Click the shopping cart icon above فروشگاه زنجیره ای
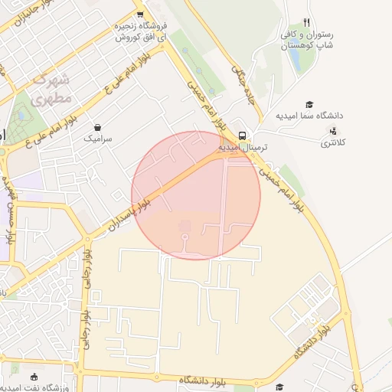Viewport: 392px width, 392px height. click(x=140, y=14)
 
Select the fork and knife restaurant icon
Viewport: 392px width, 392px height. click(x=307, y=22)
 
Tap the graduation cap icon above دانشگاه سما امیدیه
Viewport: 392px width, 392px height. click(x=309, y=104)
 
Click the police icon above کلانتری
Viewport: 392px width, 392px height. click(x=332, y=131)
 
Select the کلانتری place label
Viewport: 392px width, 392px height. click(x=332, y=142)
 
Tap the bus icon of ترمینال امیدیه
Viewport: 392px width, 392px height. click(x=242, y=136)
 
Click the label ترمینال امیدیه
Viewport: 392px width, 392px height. click(x=242, y=147)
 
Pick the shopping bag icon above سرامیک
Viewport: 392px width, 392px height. click(x=98, y=127)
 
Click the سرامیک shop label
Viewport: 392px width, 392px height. click(x=98, y=139)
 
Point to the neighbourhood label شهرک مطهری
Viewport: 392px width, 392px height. click(x=54, y=89)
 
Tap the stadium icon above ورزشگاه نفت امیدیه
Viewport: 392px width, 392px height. click(x=34, y=376)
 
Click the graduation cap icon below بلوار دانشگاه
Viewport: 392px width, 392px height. click(x=279, y=387)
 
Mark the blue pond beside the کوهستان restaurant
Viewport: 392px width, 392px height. click(x=296, y=61)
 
